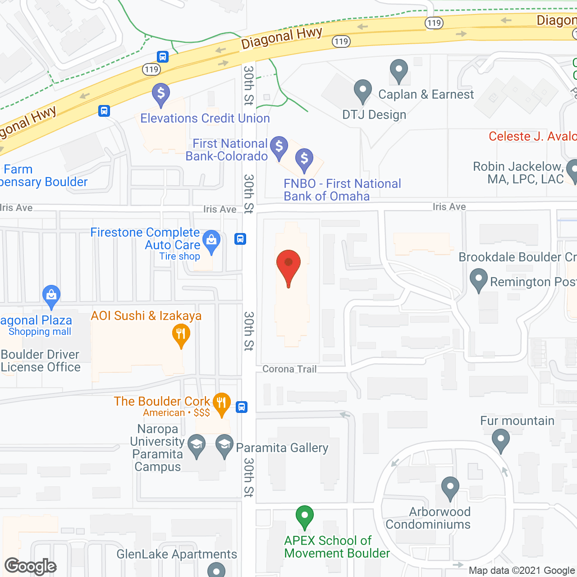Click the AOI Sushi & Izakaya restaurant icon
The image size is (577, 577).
click(x=181, y=334)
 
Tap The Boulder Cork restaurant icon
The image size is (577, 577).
click(x=221, y=402)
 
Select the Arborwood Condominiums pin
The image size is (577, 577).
click(x=450, y=487)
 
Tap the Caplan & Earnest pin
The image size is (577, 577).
click(x=398, y=70)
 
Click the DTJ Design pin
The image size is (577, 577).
click(x=362, y=90)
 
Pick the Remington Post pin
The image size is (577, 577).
click(x=478, y=279)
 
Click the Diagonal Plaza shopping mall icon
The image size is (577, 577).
click(x=51, y=296)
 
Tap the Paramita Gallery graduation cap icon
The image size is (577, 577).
click(x=224, y=445)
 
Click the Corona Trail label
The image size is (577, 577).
click(x=289, y=369)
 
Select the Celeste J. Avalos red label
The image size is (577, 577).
click(x=532, y=136)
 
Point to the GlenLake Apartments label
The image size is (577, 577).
click(x=177, y=554)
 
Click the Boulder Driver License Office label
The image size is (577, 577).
click(x=41, y=361)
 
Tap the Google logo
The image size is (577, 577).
click(x=31, y=566)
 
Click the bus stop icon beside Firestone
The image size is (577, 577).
click(x=240, y=239)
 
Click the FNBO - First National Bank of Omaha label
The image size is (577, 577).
click(x=342, y=190)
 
